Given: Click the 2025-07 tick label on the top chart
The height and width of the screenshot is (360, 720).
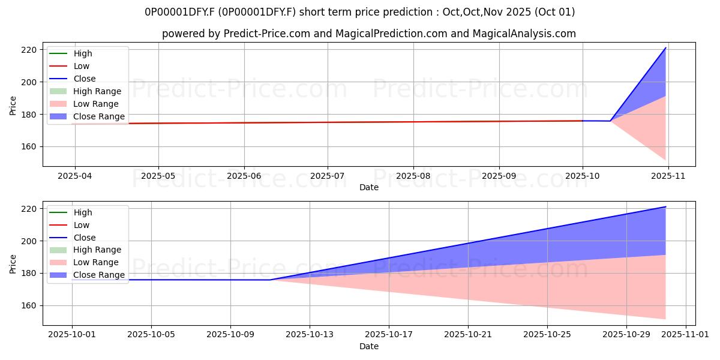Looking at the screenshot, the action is (x=327, y=176).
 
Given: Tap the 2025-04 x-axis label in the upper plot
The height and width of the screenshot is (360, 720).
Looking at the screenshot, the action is (x=74, y=176).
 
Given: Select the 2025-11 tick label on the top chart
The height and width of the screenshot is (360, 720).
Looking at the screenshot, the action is (x=668, y=176).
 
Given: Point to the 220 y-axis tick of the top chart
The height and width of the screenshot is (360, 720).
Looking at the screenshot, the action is (x=29, y=50).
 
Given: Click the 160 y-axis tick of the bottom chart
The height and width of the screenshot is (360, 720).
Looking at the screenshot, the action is (x=29, y=305).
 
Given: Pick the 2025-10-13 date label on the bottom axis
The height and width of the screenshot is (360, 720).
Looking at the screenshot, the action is (x=310, y=335).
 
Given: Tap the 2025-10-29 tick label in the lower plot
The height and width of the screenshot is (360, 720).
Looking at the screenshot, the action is (x=626, y=335).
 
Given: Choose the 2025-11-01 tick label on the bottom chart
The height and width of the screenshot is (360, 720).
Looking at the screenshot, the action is (x=685, y=335).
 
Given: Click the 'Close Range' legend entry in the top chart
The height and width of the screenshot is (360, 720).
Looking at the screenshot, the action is (x=87, y=116).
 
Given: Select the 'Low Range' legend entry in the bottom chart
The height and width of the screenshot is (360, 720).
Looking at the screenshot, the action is (x=84, y=262).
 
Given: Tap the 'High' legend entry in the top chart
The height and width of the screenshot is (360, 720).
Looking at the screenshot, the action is (x=70, y=53).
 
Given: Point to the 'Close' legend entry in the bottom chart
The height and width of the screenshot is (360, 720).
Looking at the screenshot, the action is (x=73, y=238).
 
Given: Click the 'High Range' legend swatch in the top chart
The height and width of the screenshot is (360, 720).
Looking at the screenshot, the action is (x=58, y=91).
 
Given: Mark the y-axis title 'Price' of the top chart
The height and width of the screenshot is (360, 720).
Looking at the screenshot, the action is (x=13, y=106).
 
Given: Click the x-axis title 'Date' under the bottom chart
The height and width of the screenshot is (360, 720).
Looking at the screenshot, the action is (x=368, y=346).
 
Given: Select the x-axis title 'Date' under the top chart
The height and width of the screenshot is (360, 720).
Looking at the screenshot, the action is (x=368, y=187).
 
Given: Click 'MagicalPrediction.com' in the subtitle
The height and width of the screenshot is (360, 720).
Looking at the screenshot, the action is (x=391, y=34).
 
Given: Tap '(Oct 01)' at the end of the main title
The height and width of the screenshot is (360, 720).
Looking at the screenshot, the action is (x=554, y=12).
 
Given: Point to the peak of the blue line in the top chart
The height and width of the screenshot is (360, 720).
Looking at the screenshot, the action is (x=665, y=48).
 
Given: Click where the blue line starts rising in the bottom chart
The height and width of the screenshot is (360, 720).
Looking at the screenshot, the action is (x=270, y=280).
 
